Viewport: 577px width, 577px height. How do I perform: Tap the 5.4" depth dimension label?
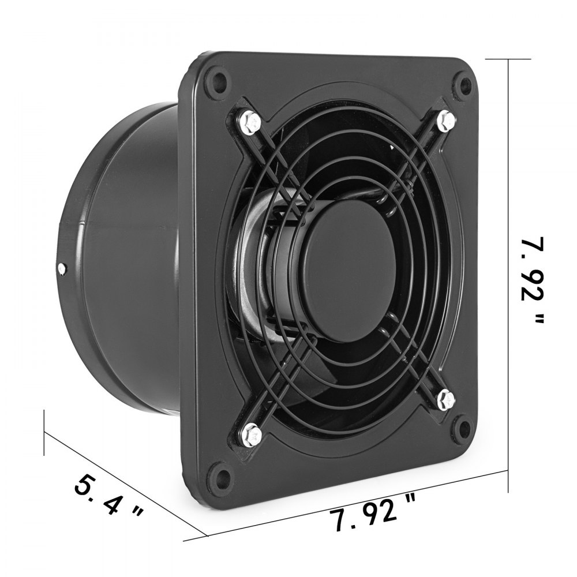(108, 493)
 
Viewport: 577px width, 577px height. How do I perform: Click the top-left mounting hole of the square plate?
(218, 77)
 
